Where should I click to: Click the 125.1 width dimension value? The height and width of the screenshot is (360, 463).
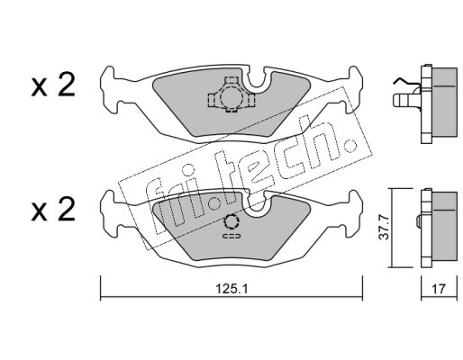[231, 289]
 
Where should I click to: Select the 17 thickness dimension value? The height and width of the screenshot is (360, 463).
[439, 289]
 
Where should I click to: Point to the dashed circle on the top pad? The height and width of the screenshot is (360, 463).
[231, 97]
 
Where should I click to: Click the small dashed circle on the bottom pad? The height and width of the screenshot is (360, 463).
[231, 222]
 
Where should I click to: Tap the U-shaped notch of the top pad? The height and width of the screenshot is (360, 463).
[256, 80]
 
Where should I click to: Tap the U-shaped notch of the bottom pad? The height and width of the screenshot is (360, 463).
[256, 204]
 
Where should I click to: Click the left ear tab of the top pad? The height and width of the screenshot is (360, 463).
[109, 90]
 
